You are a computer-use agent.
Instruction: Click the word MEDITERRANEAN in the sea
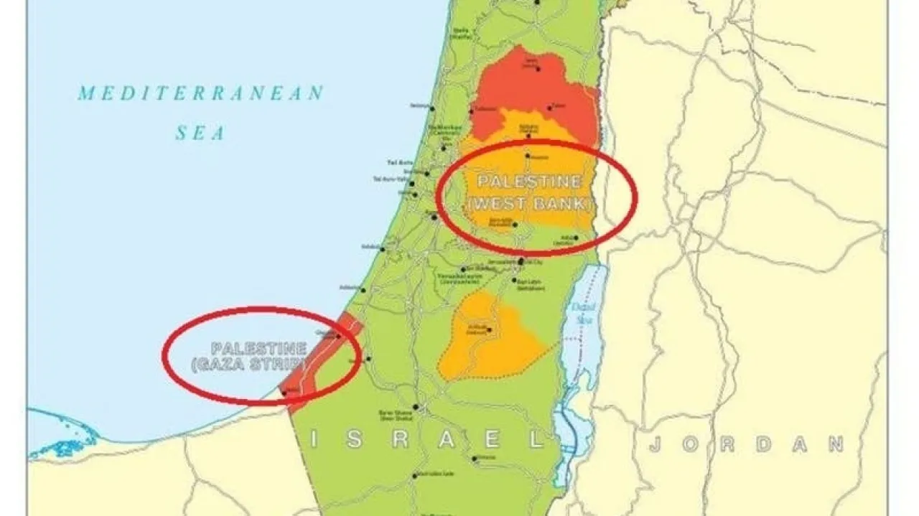tap(201, 93)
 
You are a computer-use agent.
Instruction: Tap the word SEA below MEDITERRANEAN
tap(200, 133)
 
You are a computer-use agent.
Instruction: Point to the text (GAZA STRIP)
tap(248, 365)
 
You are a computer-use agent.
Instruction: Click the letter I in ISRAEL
tap(314, 439)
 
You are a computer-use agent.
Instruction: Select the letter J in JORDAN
tap(655, 444)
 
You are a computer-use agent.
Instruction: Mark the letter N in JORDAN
tap(835, 444)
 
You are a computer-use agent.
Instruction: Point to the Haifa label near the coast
tap(460, 32)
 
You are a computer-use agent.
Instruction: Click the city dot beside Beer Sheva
tap(415, 407)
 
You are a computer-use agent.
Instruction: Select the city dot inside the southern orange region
tap(488, 330)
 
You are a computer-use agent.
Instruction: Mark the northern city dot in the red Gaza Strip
tap(337, 335)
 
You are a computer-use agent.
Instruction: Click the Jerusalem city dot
tap(520, 261)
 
